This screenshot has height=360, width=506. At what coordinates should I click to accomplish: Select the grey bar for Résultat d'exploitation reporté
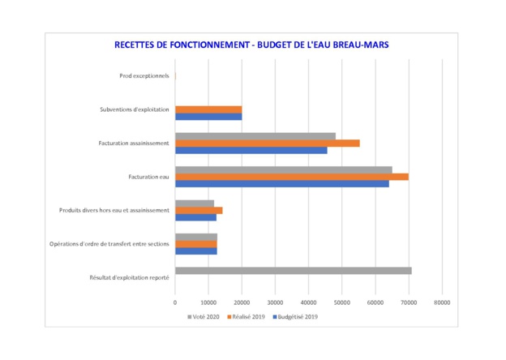pyautogui.click(x=293, y=271)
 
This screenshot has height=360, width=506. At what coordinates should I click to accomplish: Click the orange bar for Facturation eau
pyautogui.click(x=291, y=177)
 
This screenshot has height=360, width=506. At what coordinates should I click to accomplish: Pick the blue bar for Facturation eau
pyautogui.click(x=281, y=184)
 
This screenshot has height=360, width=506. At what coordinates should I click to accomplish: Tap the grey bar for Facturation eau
pyautogui.click(x=283, y=169)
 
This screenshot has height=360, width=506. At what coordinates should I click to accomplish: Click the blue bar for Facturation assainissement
pyautogui.click(x=251, y=150)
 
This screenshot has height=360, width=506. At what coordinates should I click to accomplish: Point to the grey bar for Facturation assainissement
pyautogui.click(x=255, y=135)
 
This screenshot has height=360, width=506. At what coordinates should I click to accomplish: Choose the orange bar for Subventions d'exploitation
pyautogui.click(x=208, y=109)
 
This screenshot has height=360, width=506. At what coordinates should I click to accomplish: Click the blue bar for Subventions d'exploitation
pyautogui.click(x=208, y=116)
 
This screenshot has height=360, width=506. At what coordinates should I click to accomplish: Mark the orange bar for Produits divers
pyautogui.click(x=199, y=210)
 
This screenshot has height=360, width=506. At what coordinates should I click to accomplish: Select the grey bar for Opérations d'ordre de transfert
pyautogui.click(x=195, y=237)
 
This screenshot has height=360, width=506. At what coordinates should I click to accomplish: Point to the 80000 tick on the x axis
pyautogui.click(x=441, y=302)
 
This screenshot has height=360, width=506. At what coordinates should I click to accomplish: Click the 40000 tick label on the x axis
pyautogui.click(x=308, y=302)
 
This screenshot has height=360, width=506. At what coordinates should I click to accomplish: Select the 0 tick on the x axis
pyautogui.click(x=175, y=302)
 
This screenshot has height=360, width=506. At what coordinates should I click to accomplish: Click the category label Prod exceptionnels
pyautogui.click(x=144, y=75)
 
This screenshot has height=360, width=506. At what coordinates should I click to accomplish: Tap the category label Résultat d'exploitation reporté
pyautogui.click(x=129, y=278)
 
